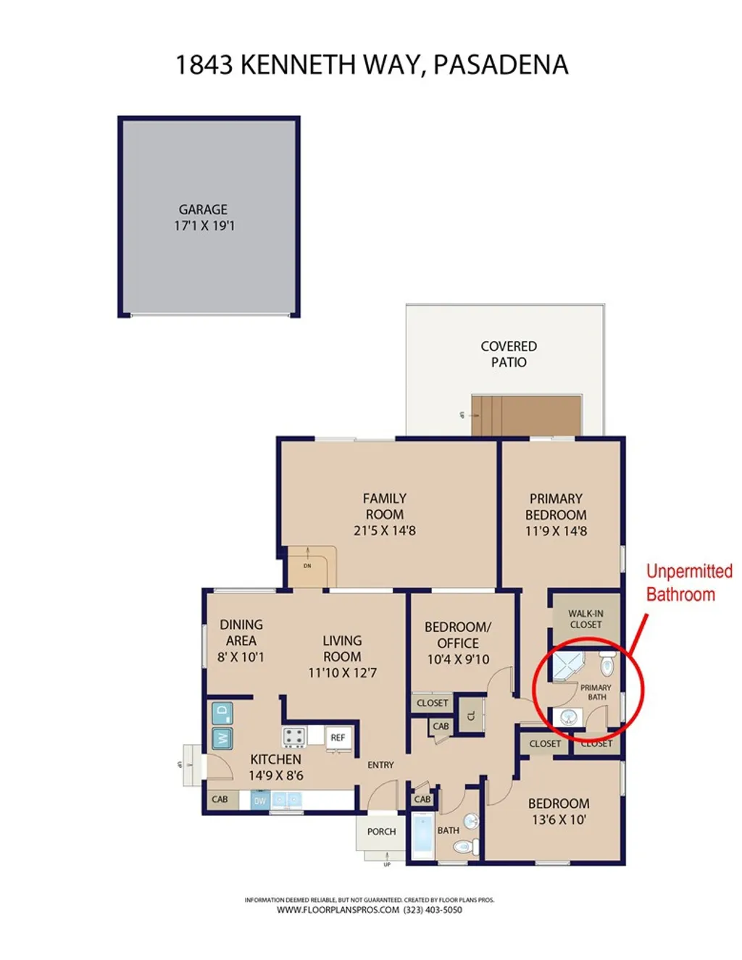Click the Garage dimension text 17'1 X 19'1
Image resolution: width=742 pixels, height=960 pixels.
coord(204,225)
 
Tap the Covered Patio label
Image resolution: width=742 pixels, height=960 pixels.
coord(509,354)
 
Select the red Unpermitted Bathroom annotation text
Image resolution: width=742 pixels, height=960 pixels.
coord(688,583)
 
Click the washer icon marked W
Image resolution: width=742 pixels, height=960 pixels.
coord(222,738)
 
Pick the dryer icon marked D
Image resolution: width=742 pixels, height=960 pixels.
coord(222,712)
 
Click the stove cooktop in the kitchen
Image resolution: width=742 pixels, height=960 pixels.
coord(293,737)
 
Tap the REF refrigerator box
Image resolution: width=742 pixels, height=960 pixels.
coord(338,738)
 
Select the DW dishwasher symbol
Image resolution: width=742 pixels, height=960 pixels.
coord(259,801)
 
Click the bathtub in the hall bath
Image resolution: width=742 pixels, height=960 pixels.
coord(422,836)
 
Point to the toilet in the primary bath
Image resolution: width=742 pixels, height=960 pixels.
coord(607,663)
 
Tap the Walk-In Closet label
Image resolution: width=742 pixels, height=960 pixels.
coord(585,619)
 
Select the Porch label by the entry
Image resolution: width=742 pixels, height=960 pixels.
coord(381,832)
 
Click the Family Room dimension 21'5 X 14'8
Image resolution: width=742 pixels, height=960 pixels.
coord(385,530)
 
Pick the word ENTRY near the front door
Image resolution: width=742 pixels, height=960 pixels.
coord(380,765)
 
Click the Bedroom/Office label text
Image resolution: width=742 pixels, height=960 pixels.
coord(457,635)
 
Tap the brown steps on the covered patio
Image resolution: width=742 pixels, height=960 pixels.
coord(526,415)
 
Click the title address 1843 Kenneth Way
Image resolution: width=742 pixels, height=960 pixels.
coord(371,65)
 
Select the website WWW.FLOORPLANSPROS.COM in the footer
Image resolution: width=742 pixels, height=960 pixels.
coord(338,910)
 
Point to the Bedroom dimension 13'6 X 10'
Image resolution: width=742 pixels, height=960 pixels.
coord(558,819)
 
